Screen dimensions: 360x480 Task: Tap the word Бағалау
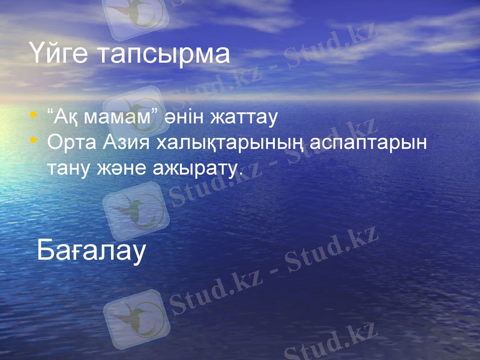91,250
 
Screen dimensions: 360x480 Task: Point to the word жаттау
243,117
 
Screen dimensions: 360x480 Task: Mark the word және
115,169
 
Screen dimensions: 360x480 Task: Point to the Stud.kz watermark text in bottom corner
330,342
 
